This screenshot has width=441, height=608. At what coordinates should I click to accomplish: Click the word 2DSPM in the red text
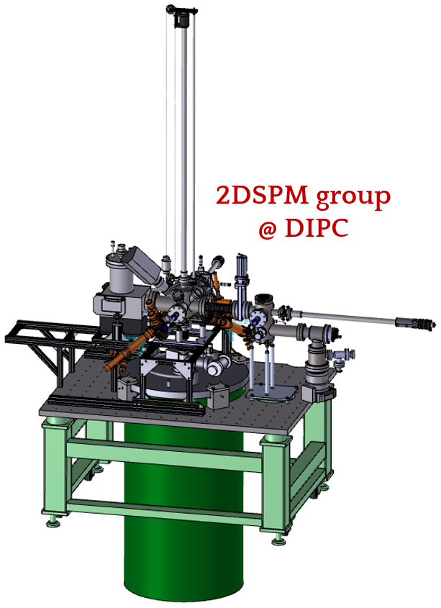click(x=262, y=196)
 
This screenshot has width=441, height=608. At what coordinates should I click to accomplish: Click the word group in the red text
click(x=353, y=198)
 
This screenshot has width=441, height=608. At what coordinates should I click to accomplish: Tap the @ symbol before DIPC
click(x=268, y=229)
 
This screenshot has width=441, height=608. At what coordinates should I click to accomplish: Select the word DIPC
click(x=316, y=228)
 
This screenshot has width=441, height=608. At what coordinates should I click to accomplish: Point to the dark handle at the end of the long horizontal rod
click(x=416, y=322)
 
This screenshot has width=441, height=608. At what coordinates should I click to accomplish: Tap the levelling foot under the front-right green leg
click(x=278, y=540)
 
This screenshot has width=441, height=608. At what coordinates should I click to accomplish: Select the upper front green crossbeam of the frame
click(x=165, y=454)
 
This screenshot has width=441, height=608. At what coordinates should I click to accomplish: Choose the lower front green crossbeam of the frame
click(x=165, y=511)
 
